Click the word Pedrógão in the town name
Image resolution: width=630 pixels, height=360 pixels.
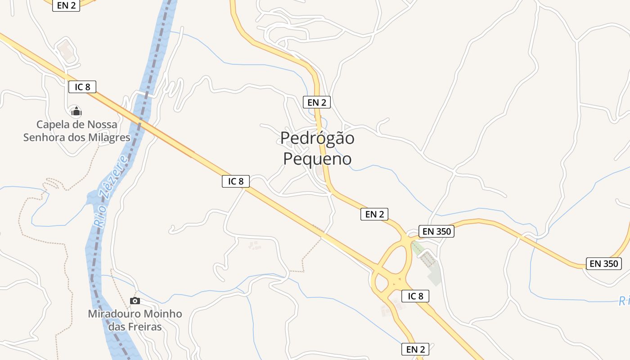click(317, 138)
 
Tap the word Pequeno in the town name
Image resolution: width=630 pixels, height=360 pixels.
click(317, 159)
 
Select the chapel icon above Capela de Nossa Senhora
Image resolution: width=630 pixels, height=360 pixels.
click(76, 111)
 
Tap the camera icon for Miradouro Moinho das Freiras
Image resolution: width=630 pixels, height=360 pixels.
click(135, 301)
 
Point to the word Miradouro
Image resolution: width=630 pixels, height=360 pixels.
click(115, 314)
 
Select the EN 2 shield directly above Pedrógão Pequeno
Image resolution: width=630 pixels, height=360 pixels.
click(317, 102)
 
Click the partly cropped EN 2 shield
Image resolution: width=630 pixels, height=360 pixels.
click(66, 5)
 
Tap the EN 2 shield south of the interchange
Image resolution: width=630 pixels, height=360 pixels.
click(415, 349)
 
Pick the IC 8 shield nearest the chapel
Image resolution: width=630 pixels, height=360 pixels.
click(82, 87)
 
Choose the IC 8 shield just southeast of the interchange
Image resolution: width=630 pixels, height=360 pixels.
click(415, 296)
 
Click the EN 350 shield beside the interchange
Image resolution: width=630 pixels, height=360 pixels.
click(436, 231)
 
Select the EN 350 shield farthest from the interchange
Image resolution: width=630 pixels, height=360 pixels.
click(603, 264)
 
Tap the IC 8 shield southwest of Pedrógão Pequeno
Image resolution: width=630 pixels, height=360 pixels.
click(236, 181)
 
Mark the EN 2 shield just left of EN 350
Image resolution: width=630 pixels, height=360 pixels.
click(374, 214)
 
